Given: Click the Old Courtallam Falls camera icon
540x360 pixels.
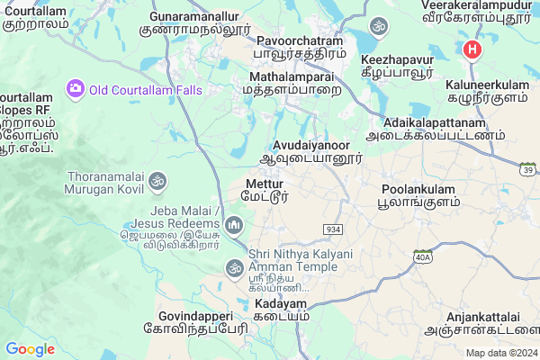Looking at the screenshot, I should pyautogui.click(x=75, y=88).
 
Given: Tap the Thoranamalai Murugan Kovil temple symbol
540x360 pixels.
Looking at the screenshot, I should pyautogui.click(x=157, y=181).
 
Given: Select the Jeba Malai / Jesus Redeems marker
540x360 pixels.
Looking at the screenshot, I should pyautogui.click(x=234, y=223).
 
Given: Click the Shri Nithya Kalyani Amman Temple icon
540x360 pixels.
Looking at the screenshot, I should pyautogui.click(x=234, y=267).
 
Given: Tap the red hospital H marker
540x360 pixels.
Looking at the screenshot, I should pyautogui.click(x=471, y=50).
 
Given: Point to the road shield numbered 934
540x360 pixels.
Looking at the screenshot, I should pyautogui.click(x=333, y=229).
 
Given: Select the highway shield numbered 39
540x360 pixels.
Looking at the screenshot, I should pyautogui.click(x=529, y=170).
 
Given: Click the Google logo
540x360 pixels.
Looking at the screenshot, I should pyautogui.click(x=31, y=349).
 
